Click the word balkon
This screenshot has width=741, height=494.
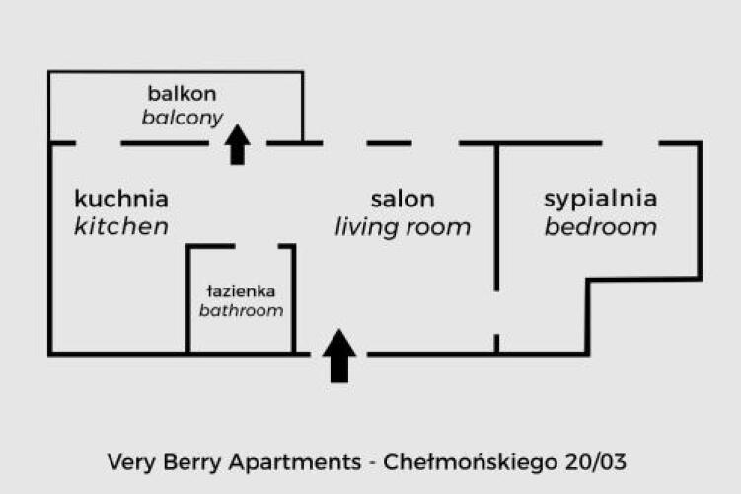click(x=182, y=94)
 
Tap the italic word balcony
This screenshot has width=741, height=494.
click(x=182, y=118)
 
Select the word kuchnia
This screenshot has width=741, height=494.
click(x=121, y=198)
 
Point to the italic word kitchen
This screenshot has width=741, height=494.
click(x=121, y=226)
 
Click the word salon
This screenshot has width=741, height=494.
click(x=403, y=199)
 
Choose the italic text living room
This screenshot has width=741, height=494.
click(x=403, y=227)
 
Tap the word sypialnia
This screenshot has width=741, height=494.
click(x=600, y=198)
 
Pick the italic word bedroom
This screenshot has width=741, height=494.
click(x=600, y=227)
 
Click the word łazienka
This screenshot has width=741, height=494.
click(x=241, y=291)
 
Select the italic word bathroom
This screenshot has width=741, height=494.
click(x=241, y=310)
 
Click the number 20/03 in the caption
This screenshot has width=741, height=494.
click(x=594, y=461)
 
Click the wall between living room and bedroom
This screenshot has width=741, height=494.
click(x=496, y=217)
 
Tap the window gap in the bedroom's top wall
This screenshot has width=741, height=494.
click(x=630, y=143)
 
